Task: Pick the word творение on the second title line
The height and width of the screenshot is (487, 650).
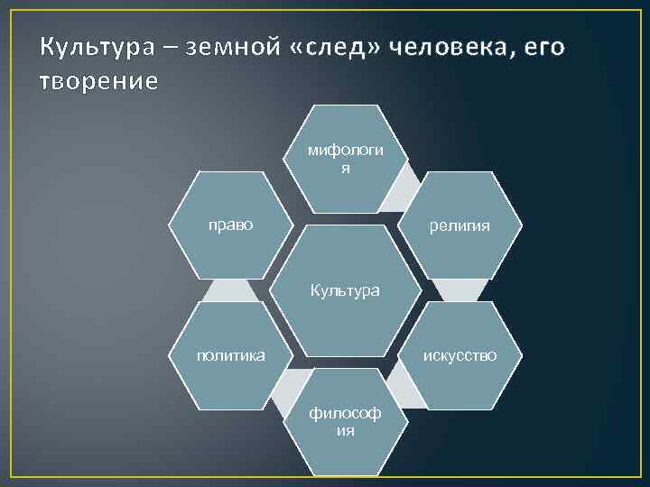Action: tap(98, 81)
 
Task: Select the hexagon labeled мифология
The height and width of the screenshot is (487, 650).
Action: tap(344, 158)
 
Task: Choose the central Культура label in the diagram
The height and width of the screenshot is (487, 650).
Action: tap(345, 290)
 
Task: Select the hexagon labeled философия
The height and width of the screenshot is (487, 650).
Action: tap(344, 421)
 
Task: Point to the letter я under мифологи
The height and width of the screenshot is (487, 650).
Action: tap(345, 168)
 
